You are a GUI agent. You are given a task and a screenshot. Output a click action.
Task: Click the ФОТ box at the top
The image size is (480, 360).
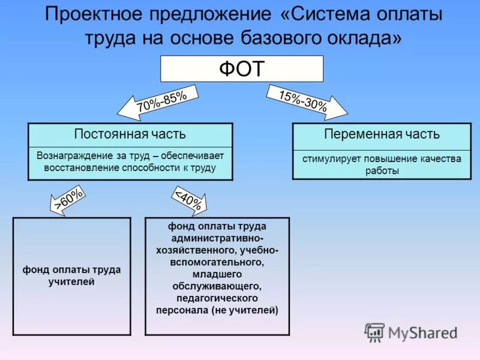tap(241, 69)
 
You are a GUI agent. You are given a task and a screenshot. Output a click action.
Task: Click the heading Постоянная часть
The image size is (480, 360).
tap(130, 134)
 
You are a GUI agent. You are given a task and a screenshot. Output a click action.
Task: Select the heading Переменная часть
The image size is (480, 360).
tap(382, 134)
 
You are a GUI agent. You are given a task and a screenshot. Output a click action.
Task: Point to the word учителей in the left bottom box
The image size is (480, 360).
tap(71, 281)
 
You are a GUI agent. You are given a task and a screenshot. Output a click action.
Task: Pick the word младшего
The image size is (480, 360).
tap(217, 274)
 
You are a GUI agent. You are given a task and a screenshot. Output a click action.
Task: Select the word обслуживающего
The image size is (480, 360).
tap(217, 286)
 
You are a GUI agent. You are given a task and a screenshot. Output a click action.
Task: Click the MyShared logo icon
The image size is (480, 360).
tap(375, 332)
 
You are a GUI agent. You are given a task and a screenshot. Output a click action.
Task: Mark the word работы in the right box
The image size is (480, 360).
tap(382, 171)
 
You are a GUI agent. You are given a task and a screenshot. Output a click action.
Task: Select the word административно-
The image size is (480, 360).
tap(217, 238)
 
